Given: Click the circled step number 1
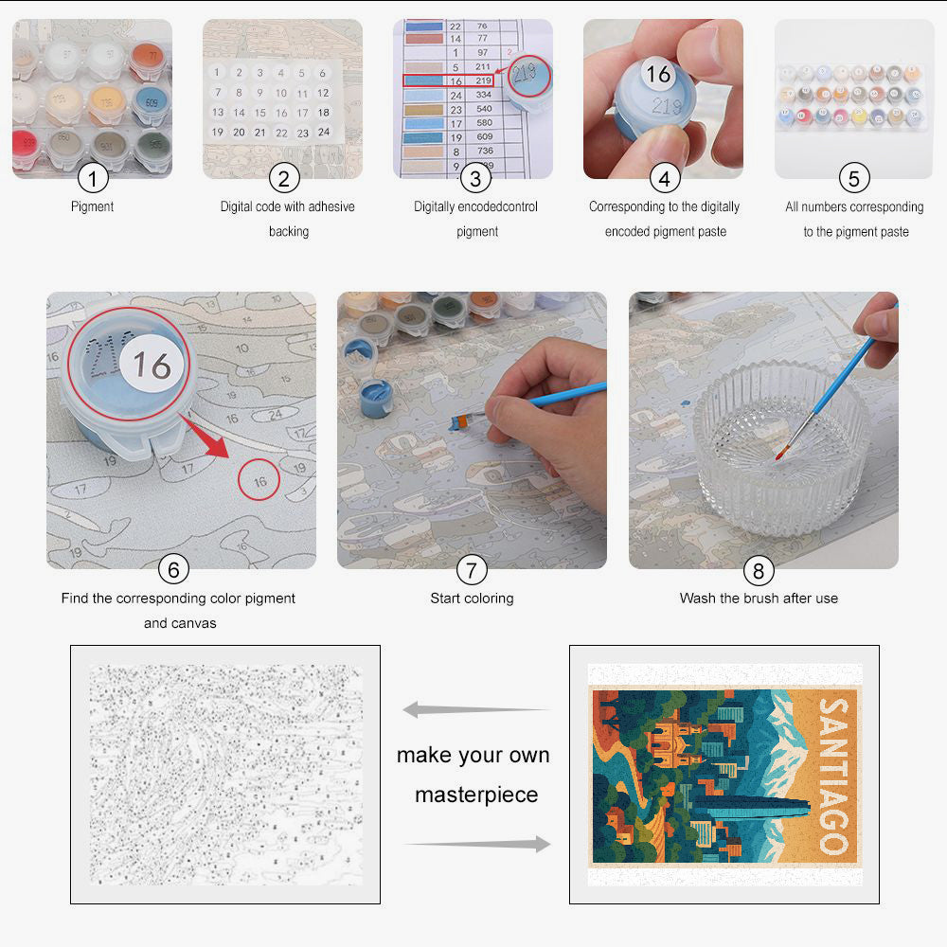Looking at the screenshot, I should click(93, 177).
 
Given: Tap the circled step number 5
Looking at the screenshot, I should click(854, 177).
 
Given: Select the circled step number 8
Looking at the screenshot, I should click(759, 570).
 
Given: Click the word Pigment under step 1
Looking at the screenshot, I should click(93, 206).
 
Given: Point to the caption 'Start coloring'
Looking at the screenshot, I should click(472, 599).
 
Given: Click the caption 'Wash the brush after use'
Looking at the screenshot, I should click(759, 599).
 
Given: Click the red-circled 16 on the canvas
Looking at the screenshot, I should click(259, 481).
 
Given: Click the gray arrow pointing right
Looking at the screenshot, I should click(477, 844).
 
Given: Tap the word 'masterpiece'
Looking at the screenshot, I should click(476, 795).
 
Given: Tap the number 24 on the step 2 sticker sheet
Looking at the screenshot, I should click(323, 133).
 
